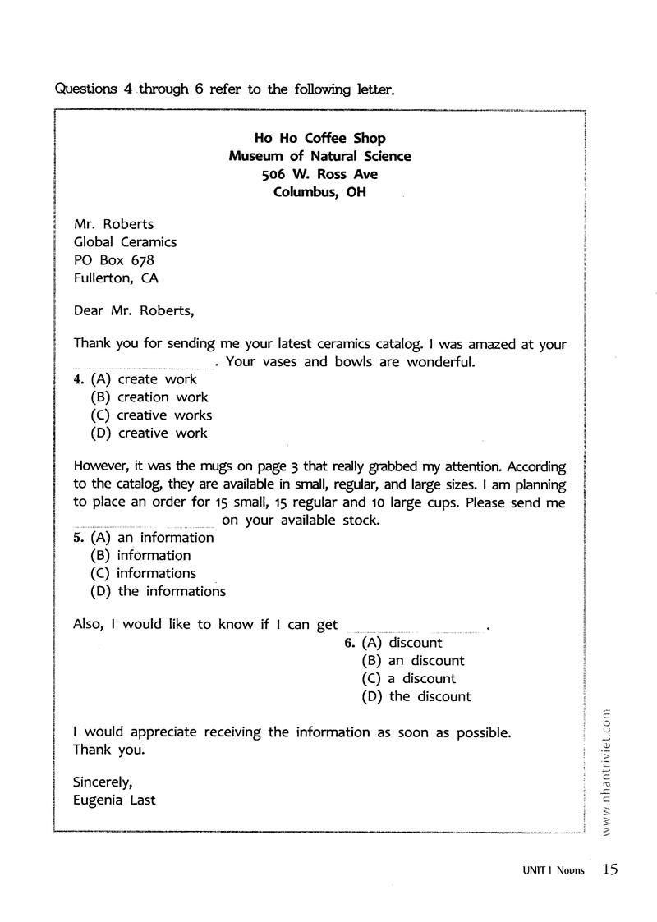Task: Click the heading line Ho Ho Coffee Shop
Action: [319, 138]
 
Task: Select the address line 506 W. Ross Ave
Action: [319, 174]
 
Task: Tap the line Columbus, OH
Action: [319, 192]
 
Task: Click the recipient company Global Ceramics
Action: [125, 241]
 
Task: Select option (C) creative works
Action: [151, 415]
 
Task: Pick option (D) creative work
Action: [149, 433]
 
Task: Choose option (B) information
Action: [140, 556]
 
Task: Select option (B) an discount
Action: [413, 661]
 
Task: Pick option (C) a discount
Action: [409, 679]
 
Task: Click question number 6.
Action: [350, 643]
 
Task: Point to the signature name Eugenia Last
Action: [114, 799]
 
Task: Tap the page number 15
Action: [609, 869]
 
